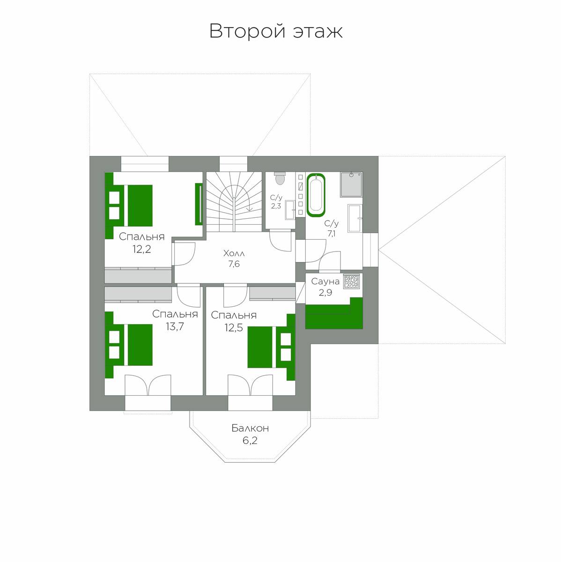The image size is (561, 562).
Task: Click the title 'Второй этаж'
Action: tap(276, 31)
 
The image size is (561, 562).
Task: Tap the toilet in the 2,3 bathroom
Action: tap(280, 178)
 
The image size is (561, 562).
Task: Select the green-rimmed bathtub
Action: tap(316, 195)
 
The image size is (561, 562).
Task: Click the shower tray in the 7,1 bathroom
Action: tap(351, 185)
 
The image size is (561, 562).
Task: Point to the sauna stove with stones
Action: tap(351, 281)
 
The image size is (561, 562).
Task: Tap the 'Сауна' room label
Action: tap(325, 281)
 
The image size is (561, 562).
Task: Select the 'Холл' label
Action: tap(234, 253)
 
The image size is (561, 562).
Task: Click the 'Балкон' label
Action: tap(250, 428)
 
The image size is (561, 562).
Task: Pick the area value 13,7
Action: tap(175, 326)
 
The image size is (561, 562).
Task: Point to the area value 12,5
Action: tap(234, 327)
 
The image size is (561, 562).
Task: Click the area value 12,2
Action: tap(141, 249)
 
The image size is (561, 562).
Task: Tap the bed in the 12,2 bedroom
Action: tap(129, 205)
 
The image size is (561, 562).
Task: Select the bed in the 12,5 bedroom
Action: tap(271, 347)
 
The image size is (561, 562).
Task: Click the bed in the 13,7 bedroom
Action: tap(129, 345)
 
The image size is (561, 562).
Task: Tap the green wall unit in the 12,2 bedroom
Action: tap(199, 204)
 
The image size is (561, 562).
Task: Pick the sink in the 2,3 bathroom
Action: tap(290, 209)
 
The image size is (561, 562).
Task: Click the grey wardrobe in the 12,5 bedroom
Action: tap(272, 293)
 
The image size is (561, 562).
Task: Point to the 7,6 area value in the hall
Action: tap(234, 264)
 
